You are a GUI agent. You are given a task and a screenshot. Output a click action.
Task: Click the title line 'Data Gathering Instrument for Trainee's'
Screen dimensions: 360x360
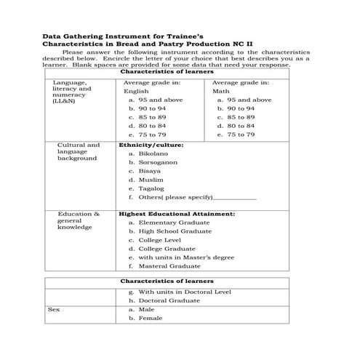(116, 35)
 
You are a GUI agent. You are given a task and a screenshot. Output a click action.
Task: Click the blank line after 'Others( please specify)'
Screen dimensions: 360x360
(236, 198)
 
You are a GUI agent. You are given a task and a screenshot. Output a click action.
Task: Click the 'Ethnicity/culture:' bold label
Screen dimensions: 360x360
(151, 145)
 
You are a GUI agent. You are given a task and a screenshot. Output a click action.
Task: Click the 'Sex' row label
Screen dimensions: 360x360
(53, 309)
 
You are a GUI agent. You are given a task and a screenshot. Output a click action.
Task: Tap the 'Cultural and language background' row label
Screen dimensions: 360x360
(79, 151)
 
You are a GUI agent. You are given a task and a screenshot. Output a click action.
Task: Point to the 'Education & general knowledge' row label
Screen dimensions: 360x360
(79, 220)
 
